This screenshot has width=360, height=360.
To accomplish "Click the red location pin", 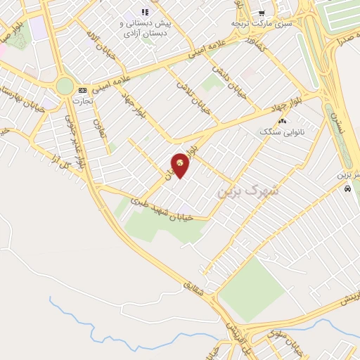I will point(181,166).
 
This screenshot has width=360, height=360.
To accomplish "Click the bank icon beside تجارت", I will point(83,90).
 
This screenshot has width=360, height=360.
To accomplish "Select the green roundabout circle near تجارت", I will point(65,86).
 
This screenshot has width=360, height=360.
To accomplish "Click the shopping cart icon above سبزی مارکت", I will point(261,13).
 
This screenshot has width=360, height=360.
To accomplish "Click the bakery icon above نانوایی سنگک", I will point(282,122).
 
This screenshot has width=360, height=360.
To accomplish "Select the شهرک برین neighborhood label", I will point(247,188).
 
